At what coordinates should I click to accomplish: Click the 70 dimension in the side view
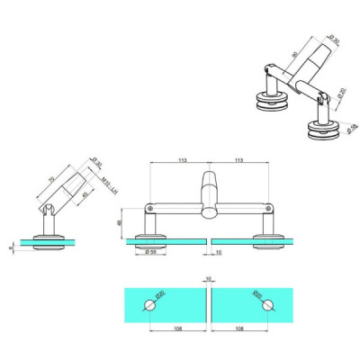pyautogui.click(x=49, y=184)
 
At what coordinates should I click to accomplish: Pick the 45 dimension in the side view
pyautogui.click(x=85, y=195)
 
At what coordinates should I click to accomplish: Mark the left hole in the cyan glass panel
pyautogui.click(x=148, y=306)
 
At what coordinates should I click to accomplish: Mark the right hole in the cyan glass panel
pyautogui.click(x=267, y=306)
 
